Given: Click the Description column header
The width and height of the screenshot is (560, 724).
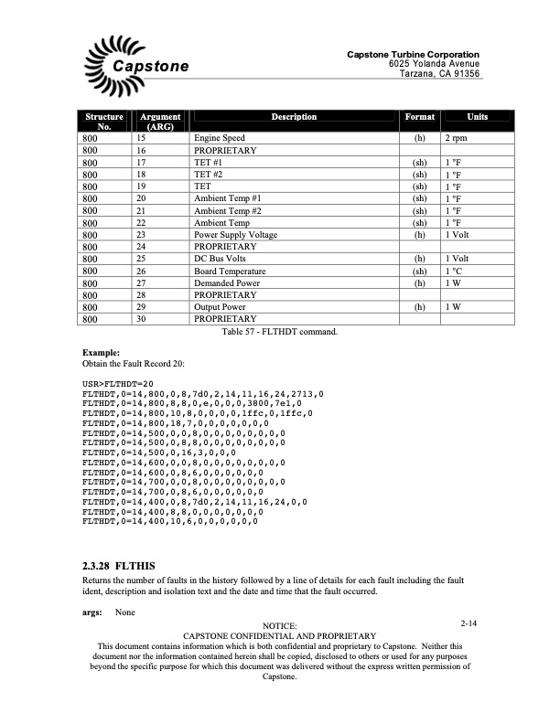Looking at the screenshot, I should (294, 117).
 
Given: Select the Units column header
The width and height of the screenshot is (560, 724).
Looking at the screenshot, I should (477, 117).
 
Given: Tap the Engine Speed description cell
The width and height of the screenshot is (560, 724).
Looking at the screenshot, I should (220, 138).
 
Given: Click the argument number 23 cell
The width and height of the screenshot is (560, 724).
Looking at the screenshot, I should (142, 234).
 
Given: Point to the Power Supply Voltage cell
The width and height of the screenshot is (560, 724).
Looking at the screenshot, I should (236, 234).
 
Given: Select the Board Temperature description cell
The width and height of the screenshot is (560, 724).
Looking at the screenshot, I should (230, 271).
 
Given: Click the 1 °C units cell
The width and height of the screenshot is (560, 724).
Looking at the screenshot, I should (454, 271).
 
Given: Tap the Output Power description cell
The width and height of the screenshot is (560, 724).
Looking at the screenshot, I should (221, 306).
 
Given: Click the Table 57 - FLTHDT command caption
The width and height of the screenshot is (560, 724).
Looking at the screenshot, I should (280, 331).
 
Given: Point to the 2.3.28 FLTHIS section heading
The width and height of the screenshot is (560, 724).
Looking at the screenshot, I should (119, 566).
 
